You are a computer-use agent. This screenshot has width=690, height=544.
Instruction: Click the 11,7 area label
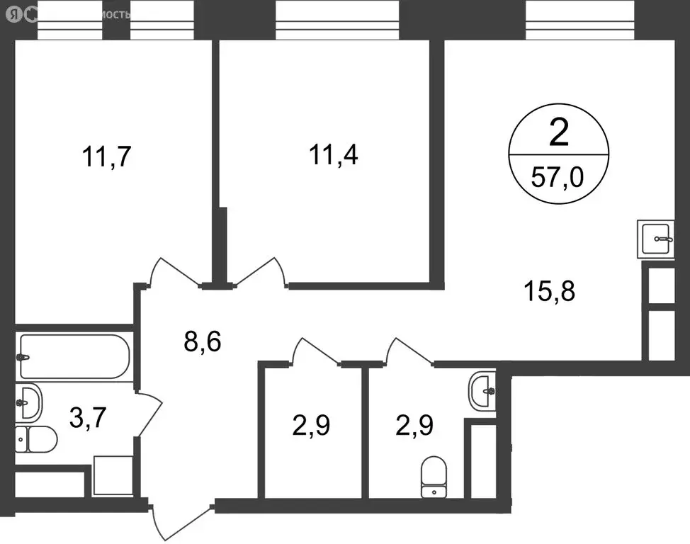(x=107, y=157)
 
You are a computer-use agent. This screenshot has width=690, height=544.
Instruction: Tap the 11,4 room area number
(x=332, y=154)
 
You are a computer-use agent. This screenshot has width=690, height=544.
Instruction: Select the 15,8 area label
(x=549, y=290)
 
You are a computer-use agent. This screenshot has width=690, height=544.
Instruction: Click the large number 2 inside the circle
(x=558, y=133)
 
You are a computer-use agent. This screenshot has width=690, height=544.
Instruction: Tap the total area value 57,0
(x=558, y=174)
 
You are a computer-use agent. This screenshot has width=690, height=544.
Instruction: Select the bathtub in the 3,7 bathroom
(x=72, y=356)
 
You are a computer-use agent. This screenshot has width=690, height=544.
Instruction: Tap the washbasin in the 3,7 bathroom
(x=28, y=402)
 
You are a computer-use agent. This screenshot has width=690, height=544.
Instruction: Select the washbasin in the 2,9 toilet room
(x=483, y=389)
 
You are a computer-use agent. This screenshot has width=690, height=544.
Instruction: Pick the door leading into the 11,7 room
(x=174, y=272)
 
